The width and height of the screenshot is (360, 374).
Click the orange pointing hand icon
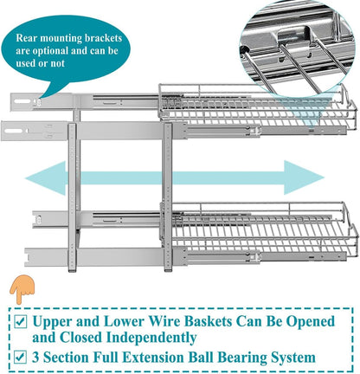point(22,288)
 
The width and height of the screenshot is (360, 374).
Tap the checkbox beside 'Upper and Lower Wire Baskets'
point(21,322)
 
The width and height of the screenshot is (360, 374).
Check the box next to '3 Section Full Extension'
point(21,358)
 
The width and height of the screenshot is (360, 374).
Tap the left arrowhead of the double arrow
point(46,178)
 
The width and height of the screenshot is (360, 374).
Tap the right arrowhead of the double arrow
point(304,177)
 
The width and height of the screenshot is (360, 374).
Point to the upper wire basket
point(257,106)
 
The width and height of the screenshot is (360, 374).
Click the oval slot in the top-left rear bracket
point(22,101)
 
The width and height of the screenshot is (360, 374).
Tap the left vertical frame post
point(73,197)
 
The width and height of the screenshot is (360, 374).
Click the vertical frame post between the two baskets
point(168,197)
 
